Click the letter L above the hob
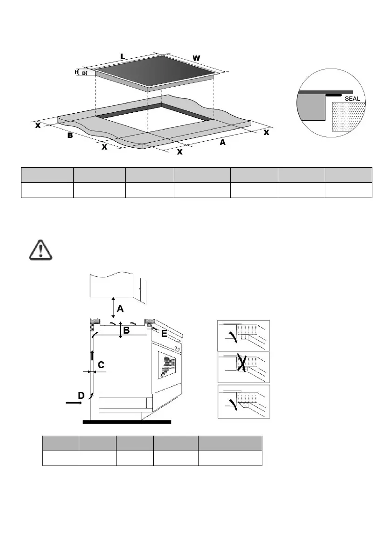click(x=123, y=56)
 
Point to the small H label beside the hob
click(x=76, y=72)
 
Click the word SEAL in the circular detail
click(x=352, y=99)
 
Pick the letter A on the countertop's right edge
click(x=222, y=143)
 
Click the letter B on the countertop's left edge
click(x=69, y=136)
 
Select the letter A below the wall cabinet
click(x=120, y=308)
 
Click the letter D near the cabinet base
click(x=81, y=395)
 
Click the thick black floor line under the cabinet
click(x=127, y=422)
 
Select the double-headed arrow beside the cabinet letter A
click(x=113, y=308)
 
